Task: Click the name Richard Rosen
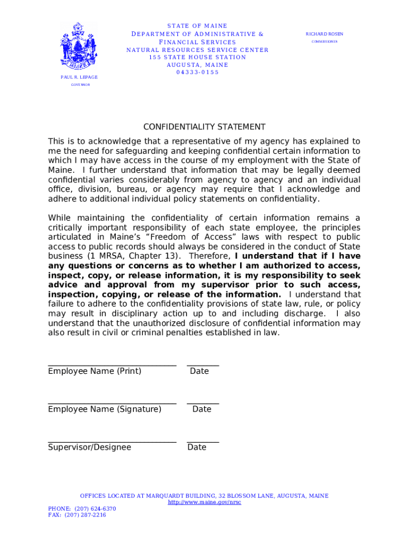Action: click(324, 34)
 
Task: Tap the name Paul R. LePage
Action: click(79, 77)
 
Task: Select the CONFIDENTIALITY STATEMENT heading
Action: click(204, 127)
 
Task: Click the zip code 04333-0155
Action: click(197, 72)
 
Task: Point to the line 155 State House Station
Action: click(197, 57)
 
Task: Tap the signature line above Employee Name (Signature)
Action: click(112, 403)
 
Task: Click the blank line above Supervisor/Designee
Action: click(112, 441)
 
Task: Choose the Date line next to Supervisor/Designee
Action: click(203, 441)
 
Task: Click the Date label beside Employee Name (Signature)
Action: click(202, 409)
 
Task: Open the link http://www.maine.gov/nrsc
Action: click(204, 502)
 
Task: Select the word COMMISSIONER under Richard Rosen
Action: click(324, 41)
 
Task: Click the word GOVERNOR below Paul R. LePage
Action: click(81, 85)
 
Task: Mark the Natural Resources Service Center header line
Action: click(197, 50)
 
